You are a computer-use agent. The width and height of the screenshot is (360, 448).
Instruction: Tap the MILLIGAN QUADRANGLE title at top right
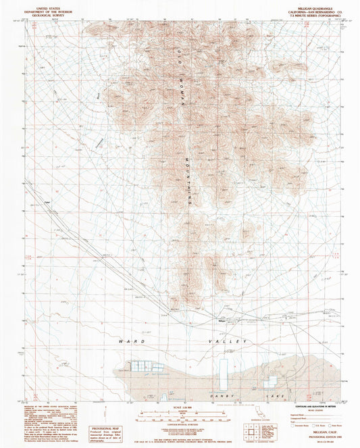(x=305, y=4)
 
